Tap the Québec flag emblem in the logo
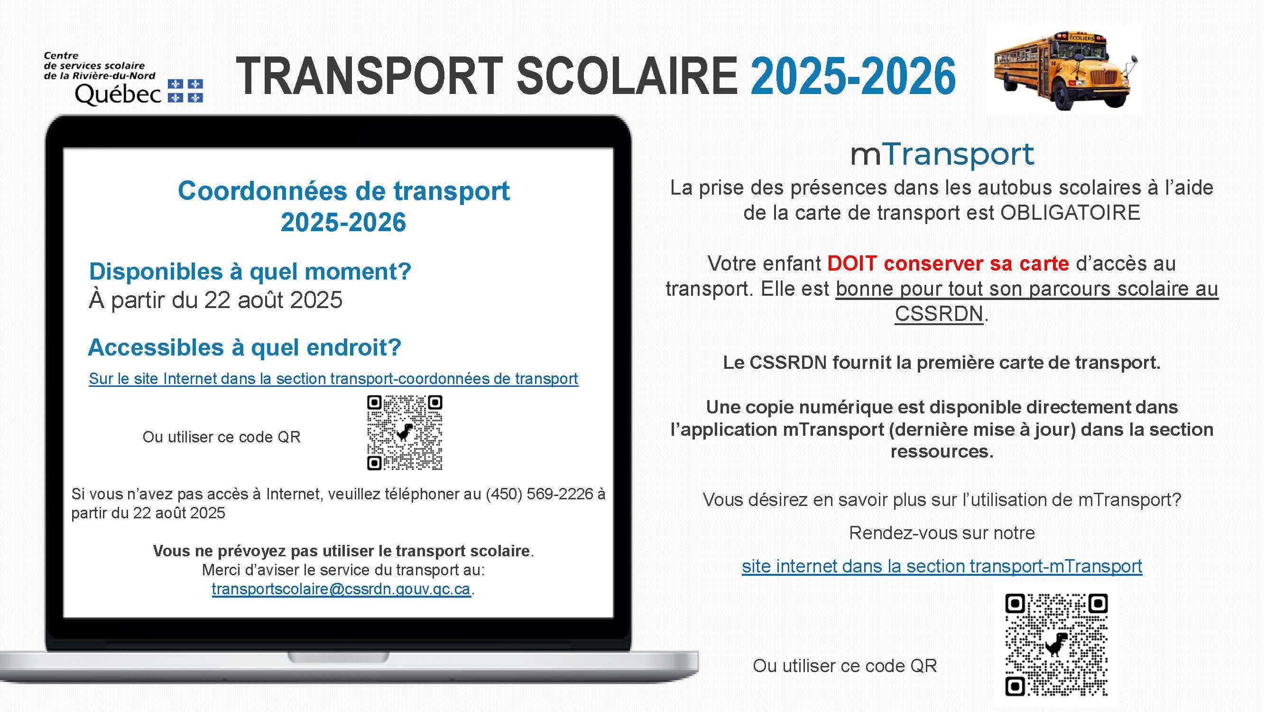coord(185,91)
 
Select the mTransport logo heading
coord(942,154)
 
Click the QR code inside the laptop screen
coord(405,432)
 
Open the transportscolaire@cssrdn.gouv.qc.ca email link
coord(342,589)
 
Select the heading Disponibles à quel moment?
coord(250,271)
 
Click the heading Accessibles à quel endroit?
coord(245,347)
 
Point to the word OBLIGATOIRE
coord(1070,213)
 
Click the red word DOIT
coord(852,264)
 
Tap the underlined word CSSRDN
coord(939,313)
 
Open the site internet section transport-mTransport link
coord(942,567)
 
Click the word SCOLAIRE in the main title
coord(627,76)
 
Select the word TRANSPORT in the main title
coord(369,76)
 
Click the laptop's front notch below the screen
coord(338,656)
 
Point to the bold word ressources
coord(942,451)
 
